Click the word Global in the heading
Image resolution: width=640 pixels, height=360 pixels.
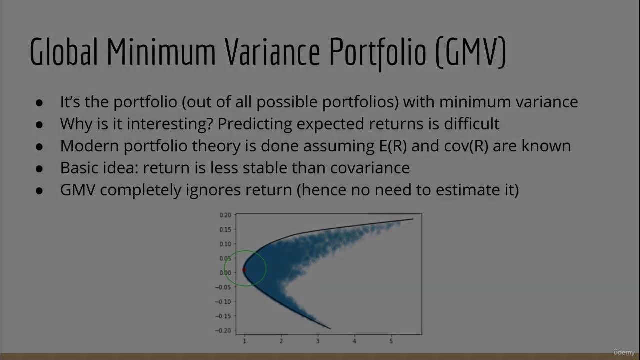(x=64, y=52)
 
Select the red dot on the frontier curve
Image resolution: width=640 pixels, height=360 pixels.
(x=244, y=270)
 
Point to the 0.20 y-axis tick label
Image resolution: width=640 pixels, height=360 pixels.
(x=225, y=215)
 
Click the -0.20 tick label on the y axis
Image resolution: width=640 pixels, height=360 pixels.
(x=224, y=331)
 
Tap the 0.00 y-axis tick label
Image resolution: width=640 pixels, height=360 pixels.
(x=225, y=273)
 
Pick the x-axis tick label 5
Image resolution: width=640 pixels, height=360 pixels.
(x=391, y=341)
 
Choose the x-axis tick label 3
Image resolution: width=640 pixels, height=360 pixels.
(x=318, y=341)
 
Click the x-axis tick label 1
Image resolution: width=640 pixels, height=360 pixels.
(x=245, y=341)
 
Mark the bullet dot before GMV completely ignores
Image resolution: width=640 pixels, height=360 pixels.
(x=39, y=191)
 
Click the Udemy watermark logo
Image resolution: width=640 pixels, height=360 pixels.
(x=624, y=352)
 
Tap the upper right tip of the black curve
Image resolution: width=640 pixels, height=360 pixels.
(x=413, y=219)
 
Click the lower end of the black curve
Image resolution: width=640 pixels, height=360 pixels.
(x=330, y=328)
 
